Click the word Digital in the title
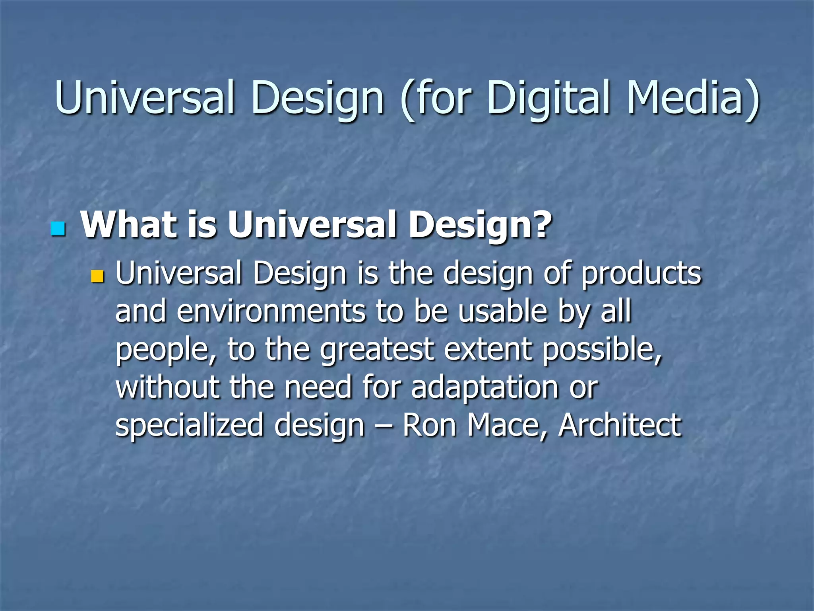coord(548,97)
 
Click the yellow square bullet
coord(97,276)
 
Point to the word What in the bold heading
coord(129,224)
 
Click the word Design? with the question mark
coord(481,225)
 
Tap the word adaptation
coord(485,388)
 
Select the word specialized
coord(189,426)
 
